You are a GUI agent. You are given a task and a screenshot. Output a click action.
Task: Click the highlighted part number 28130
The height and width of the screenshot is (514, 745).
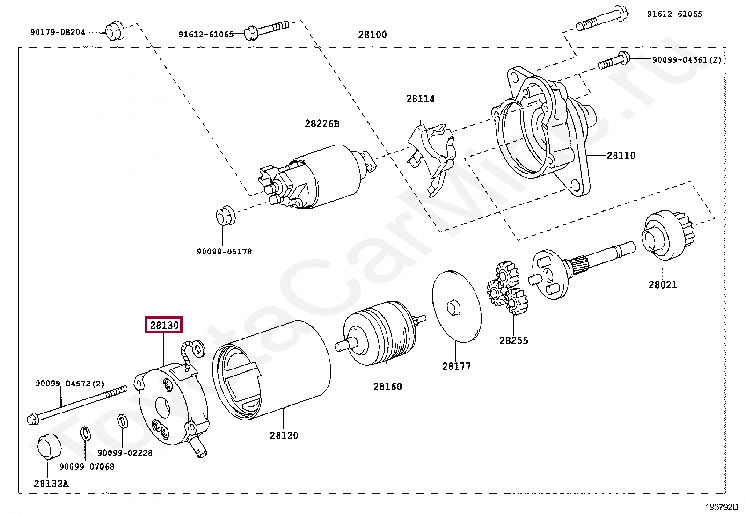point(164,325)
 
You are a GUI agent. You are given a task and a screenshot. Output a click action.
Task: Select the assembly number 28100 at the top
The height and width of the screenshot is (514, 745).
point(372,35)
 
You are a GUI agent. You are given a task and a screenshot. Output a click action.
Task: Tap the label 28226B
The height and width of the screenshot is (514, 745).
point(322,123)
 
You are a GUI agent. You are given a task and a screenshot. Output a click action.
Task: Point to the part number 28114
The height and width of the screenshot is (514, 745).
point(420,99)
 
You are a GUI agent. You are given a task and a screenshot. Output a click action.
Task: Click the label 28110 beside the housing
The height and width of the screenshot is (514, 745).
point(621,156)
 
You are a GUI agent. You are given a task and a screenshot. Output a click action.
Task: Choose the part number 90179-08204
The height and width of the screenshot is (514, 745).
point(58,32)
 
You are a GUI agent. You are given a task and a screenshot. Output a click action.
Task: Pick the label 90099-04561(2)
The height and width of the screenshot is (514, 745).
point(687,60)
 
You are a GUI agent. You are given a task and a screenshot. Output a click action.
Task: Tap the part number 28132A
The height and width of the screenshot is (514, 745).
point(51,484)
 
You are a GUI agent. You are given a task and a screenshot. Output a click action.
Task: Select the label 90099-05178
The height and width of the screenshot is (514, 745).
point(224,252)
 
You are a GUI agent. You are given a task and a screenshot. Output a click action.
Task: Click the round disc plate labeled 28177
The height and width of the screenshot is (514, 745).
point(456,307)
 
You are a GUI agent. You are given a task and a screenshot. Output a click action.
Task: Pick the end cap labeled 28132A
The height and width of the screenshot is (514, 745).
point(49,446)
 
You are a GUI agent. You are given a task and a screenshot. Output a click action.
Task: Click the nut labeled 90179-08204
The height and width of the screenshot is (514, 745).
point(114,30)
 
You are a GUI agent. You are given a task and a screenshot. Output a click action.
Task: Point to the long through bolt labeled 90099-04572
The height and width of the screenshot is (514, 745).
point(77,402)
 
